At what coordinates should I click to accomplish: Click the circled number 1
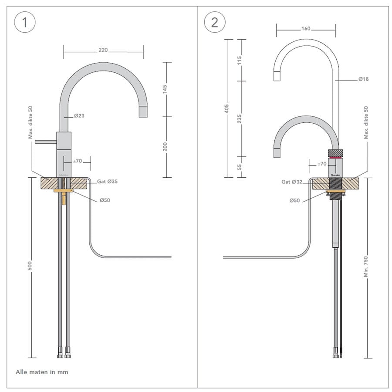pyautogui.click(x=24, y=22)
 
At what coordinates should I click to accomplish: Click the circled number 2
pyautogui.click(x=214, y=22)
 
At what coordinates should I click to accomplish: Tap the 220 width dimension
pyautogui.click(x=103, y=50)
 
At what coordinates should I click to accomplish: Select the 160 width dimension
pyautogui.click(x=306, y=29)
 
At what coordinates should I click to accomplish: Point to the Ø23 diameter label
pyautogui.click(x=79, y=116)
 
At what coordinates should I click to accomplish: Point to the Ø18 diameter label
pyautogui.click(x=364, y=79)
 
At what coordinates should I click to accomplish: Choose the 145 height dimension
pyautogui.click(x=165, y=89)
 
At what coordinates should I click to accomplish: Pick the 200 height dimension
pyautogui.click(x=165, y=147)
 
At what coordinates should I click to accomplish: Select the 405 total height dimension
pyautogui.click(x=226, y=108)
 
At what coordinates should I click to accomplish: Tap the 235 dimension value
pyautogui.click(x=240, y=118)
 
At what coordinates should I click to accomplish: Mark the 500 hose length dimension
pyautogui.click(x=30, y=267)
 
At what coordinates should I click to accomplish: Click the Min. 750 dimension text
pyautogui.click(x=366, y=267)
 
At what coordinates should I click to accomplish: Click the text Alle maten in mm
pyautogui.click(x=42, y=372)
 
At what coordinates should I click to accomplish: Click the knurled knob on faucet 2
pyautogui.click(x=335, y=152)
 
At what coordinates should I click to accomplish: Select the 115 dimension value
pyautogui.click(x=240, y=60)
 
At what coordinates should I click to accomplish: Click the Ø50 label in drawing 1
pyautogui.click(x=104, y=200)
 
